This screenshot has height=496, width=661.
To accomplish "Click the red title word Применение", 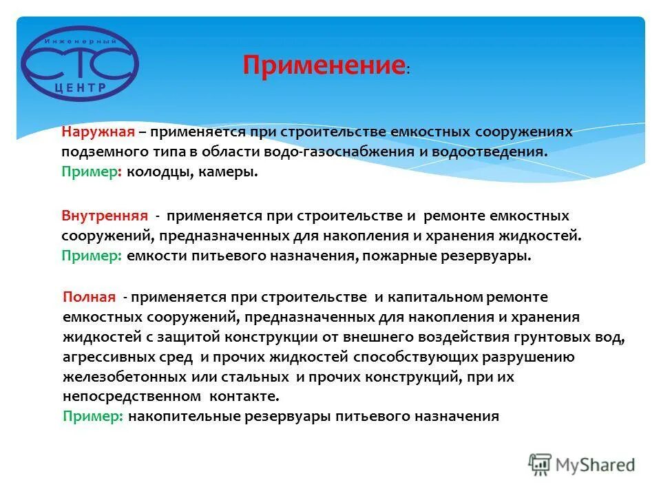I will point(324,66).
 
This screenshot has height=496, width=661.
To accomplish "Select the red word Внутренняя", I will point(105,216).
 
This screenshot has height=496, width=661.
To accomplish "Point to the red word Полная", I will point(89,297).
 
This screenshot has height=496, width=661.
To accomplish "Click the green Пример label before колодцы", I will point(90,171).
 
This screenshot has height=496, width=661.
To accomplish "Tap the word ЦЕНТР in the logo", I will point(81,87).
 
